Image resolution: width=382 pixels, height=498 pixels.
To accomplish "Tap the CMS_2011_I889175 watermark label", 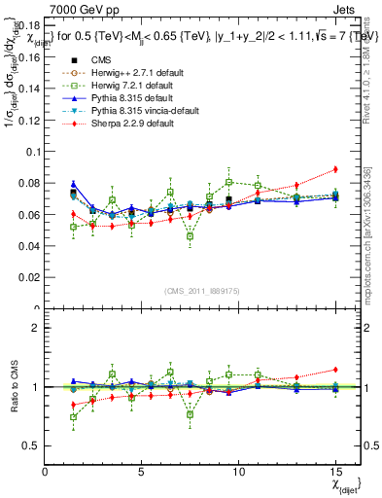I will pos(203,291).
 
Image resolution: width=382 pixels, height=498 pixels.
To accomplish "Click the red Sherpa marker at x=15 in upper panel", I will pos(334,169).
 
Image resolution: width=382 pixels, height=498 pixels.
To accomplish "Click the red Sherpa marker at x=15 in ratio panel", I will pos(334,370).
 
